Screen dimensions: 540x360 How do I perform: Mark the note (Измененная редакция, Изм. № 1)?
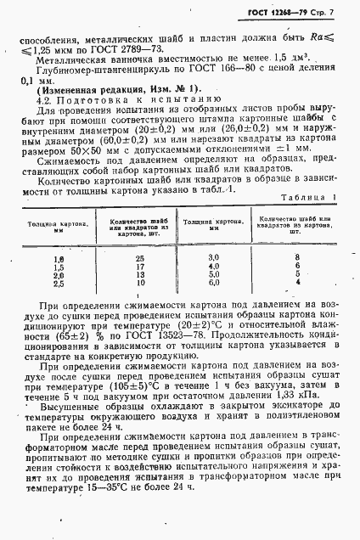pos(116,89)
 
